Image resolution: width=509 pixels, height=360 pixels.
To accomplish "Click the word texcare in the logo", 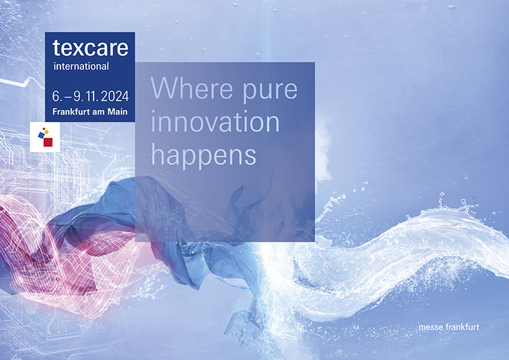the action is coord(90,48).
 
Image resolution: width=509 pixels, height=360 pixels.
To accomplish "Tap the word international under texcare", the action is coord(81,66).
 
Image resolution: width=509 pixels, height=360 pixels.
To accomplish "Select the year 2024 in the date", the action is coord(115,96).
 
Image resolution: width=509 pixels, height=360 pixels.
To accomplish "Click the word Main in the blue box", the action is coord(118,112).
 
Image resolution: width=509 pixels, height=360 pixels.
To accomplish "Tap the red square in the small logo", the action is coord(48,142).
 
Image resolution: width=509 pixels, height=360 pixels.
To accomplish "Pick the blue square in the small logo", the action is coord(41,135).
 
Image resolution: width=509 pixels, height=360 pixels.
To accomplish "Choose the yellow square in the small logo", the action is coord(46,132).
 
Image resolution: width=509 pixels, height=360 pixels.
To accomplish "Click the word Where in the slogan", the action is coord(192,88).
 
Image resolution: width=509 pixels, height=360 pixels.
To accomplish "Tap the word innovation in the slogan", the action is coord(215,121).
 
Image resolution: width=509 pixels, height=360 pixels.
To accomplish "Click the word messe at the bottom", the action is coord(431,327).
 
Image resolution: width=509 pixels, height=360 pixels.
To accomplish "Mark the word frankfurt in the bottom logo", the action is coord(463,327).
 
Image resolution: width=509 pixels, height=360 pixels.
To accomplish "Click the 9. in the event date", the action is coord(77,96).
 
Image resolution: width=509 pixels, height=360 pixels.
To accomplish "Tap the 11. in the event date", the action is coord(92,96).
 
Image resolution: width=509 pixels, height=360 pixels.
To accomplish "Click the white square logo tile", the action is coord(45,137).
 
